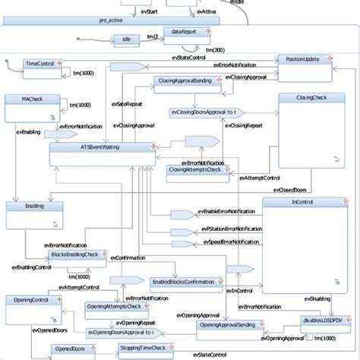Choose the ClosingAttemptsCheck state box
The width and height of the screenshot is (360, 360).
(x=195, y=170)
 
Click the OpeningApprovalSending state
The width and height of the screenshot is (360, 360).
(x=230, y=324)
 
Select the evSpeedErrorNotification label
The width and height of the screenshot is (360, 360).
(x=229, y=242)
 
